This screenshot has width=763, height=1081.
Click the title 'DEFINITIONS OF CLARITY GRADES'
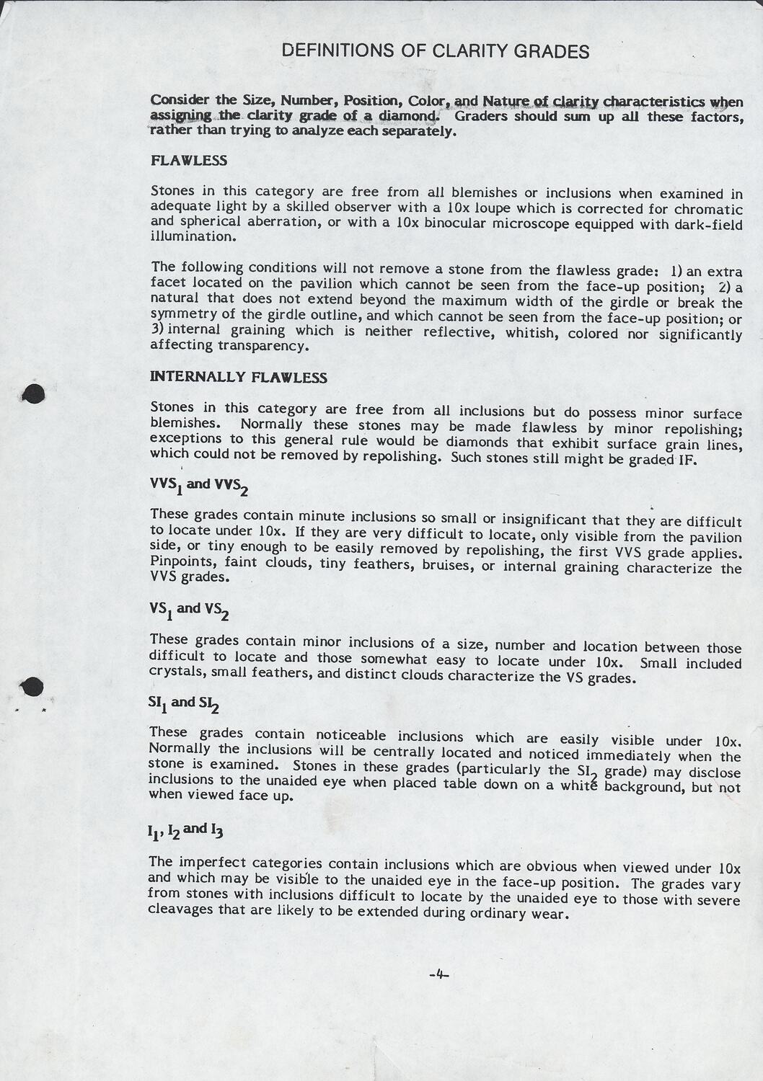click(x=435, y=51)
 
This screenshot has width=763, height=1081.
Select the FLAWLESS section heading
click(x=189, y=161)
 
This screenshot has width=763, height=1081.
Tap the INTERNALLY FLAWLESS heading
click(x=238, y=377)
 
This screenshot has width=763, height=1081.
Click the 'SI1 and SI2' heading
click(x=183, y=703)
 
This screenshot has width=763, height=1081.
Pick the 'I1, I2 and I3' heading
click(x=185, y=830)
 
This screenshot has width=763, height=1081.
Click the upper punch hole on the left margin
click(x=32, y=393)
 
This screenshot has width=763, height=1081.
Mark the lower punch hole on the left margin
click(x=32, y=687)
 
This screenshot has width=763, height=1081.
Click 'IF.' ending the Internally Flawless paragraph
click(x=686, y=460)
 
